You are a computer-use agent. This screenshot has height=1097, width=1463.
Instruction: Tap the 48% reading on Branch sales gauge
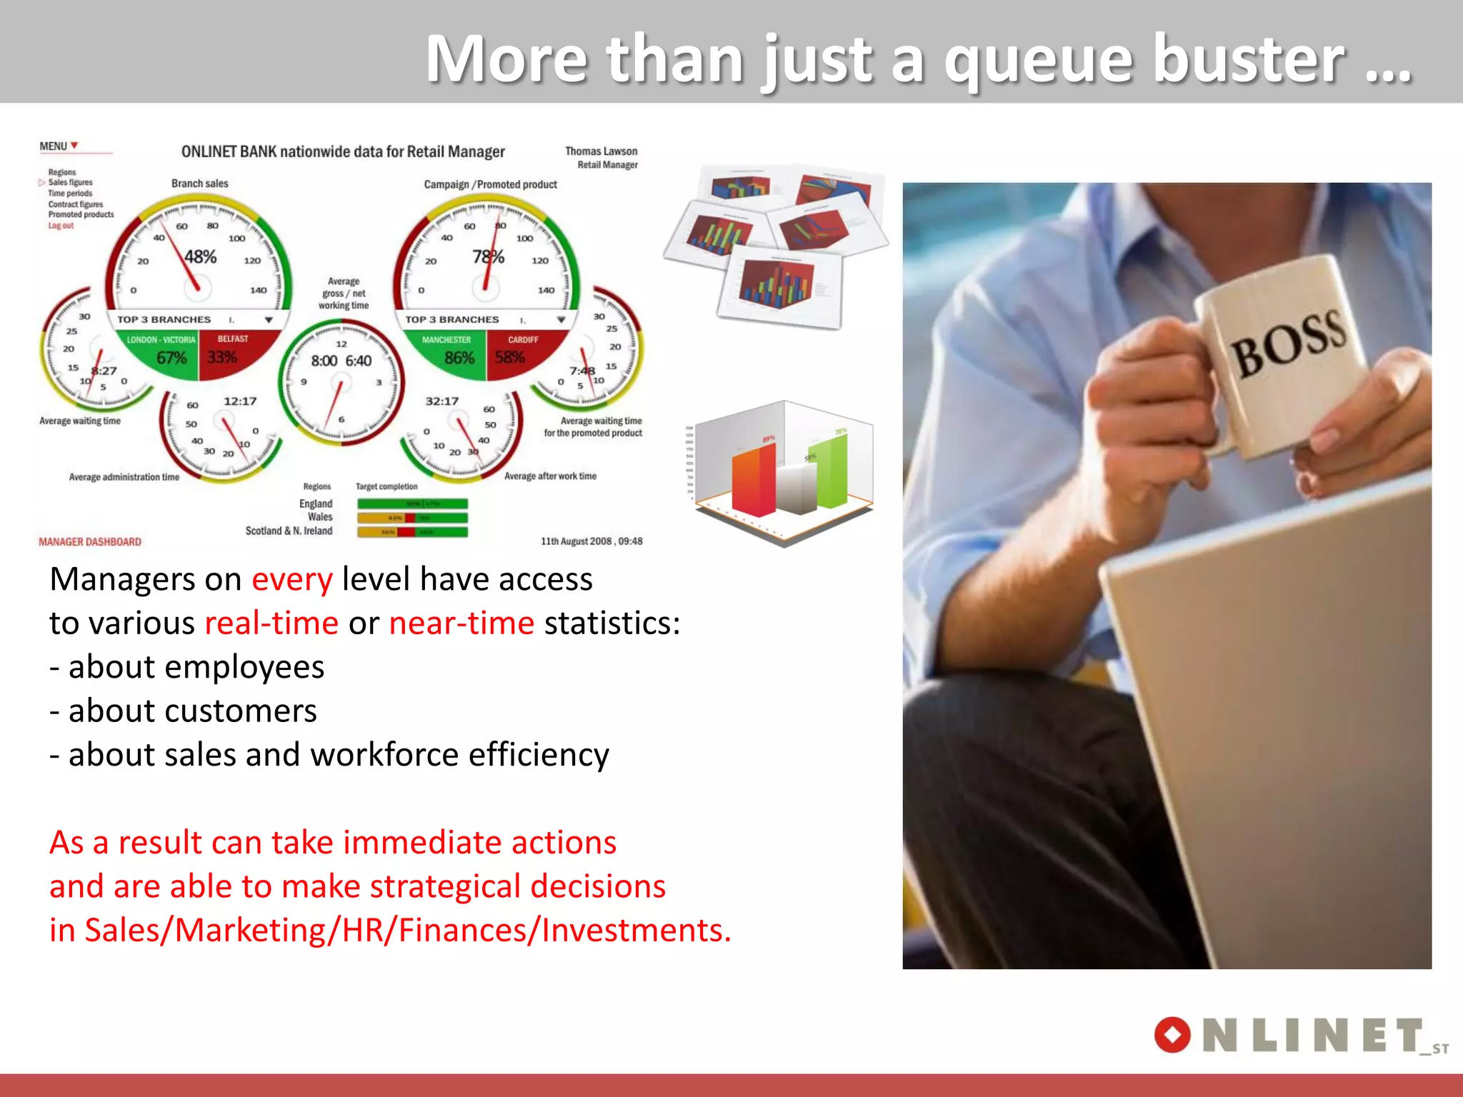tap(200, 257)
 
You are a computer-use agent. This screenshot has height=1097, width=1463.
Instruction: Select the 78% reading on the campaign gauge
tap(488, 257)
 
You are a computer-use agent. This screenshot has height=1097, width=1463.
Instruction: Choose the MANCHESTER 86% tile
tap(449, 350)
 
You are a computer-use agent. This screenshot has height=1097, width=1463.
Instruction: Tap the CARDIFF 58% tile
tap(517, 350)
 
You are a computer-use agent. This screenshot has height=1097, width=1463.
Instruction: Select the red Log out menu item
tap(61, 226)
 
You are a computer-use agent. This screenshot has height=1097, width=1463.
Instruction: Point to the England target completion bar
tap(412, 504)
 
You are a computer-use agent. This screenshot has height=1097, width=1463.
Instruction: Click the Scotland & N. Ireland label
tap(289, 531)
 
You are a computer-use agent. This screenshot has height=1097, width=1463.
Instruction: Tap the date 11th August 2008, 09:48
tap(591, 541)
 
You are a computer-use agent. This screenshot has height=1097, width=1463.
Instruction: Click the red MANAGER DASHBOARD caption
tap(90, 542)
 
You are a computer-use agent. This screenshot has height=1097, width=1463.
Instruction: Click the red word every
tap(291, 580)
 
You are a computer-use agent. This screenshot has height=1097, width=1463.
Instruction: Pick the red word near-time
tap(461, 623)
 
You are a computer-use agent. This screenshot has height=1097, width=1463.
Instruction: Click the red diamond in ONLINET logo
tap(1172, 1035)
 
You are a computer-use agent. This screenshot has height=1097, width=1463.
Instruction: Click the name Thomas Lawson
tap(601, 151)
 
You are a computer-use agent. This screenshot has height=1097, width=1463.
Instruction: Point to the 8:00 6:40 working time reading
tap(341, 361)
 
